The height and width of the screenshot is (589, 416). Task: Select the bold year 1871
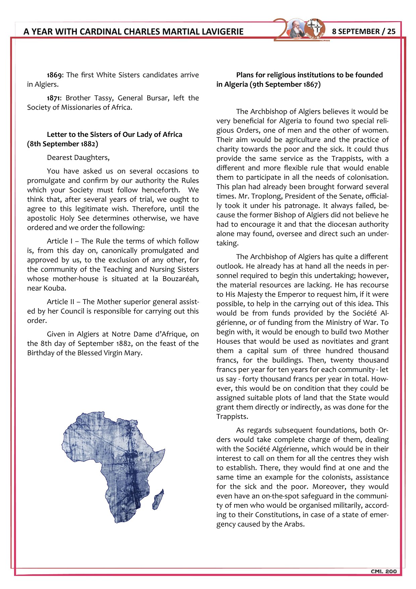tap(54, 98)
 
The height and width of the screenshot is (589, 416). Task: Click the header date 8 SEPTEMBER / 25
tap(364, 32)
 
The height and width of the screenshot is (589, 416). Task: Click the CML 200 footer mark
tap(383, 572)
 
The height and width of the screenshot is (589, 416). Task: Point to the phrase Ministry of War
tap(353, 323)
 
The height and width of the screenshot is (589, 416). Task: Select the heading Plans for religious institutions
tap(309, 75)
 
